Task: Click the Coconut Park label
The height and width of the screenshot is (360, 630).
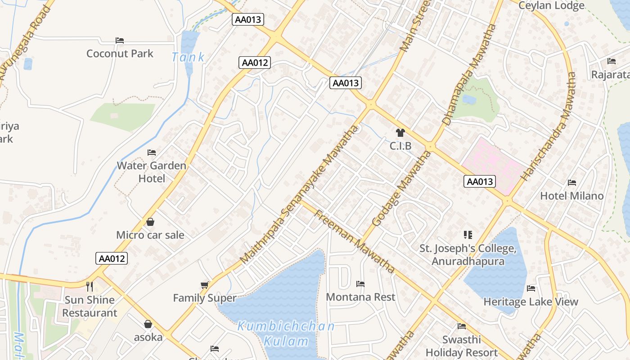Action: (x=120, y=54)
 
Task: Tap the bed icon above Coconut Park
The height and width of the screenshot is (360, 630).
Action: (x=120, y=40)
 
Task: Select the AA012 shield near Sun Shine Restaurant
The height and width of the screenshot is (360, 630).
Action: (x=112, y=259)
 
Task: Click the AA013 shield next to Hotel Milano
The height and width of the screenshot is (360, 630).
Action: (x=480, y=181)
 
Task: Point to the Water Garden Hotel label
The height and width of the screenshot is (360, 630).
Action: (x=152, y=172)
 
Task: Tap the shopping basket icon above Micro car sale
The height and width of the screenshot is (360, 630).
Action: (x=150, y=222)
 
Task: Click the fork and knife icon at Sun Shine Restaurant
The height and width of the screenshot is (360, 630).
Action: (x=90, y=286)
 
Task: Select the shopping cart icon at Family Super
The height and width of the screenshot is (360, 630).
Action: (x=205, y=285)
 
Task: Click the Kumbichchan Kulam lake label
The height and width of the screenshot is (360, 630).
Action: (x=286, y=333)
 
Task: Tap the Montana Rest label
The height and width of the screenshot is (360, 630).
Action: (x=360, y=297)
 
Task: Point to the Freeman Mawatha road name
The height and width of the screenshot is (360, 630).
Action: (x=354, y=241)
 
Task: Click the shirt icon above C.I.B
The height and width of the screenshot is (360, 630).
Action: (x=400, y=133)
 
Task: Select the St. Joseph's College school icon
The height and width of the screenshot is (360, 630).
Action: (x=468, y=235)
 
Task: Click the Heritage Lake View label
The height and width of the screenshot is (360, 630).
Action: (x=531, y=302)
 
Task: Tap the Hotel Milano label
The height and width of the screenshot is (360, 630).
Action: (x=571, y=196)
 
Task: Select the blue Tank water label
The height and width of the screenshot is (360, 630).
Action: (x=188, y=57)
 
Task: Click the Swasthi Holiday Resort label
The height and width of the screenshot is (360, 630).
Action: (x=462, y=346)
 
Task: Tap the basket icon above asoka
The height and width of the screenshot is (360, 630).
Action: (x=148, y=324)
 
